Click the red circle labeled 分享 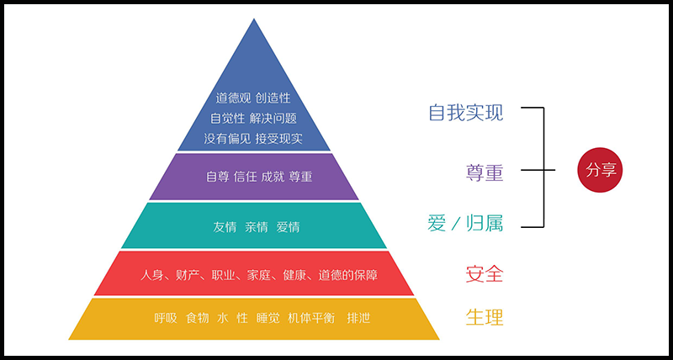pos(603,169)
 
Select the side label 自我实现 pos(465,112)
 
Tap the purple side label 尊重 pos(485,172)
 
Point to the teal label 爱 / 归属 pos(465,224)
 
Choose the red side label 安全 pos(485,273)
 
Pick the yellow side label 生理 pos(485,318)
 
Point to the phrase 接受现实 pos(278,137)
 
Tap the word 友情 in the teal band pos(225,227)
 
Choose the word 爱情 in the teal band pos(289,227)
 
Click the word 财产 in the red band pos(190,275)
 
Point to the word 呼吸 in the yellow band pos(166,319)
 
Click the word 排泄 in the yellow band pos(358,319)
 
